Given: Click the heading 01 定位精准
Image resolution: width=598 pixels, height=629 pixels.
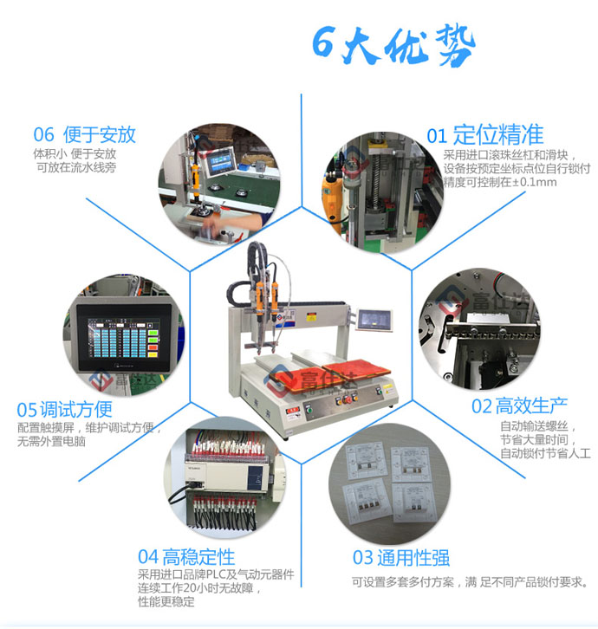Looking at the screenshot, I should (x=484, y=134).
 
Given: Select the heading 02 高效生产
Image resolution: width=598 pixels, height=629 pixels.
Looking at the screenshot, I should (x=519, y=405).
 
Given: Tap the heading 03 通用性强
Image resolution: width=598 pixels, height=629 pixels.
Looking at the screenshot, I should (x=400, y=557).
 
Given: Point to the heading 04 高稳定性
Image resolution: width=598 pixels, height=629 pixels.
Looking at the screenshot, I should (x=185, y=555).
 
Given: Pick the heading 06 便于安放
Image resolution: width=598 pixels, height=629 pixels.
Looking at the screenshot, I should (x=84, y=134).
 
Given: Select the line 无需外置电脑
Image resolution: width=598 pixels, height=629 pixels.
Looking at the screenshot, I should (x=52, y=441).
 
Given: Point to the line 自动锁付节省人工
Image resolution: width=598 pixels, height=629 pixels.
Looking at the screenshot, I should (x=545, y=452).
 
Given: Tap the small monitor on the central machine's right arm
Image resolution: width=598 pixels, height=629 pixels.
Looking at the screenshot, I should (x=375, y=320).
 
